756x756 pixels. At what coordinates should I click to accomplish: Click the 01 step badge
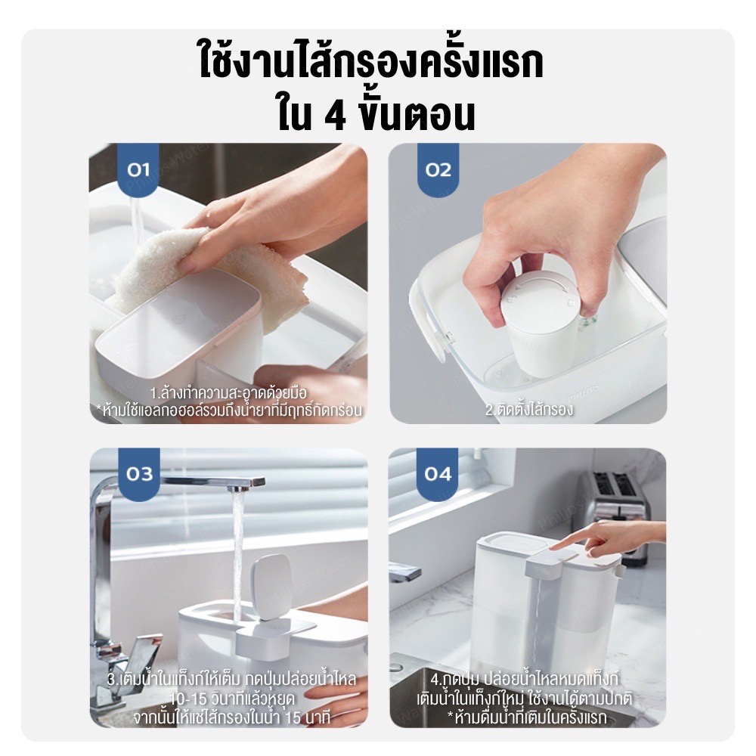(138, 169)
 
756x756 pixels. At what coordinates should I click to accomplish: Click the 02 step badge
(438, 169)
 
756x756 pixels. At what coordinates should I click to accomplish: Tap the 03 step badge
(139, 474)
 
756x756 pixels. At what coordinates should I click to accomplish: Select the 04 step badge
(437, 474)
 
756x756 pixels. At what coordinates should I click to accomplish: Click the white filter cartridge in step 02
(540, 318)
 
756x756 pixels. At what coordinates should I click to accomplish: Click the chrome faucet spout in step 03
(212, 482)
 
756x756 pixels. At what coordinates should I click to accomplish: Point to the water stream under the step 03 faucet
(237, 554)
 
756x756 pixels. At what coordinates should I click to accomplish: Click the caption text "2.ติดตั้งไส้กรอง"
(529, 409)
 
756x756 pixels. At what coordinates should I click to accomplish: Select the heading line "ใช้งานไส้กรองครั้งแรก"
(371, 62)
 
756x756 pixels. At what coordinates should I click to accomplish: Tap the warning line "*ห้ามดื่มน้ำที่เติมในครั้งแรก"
(526, 717)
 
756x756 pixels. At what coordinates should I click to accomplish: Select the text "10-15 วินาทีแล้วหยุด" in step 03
(232, 698)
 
